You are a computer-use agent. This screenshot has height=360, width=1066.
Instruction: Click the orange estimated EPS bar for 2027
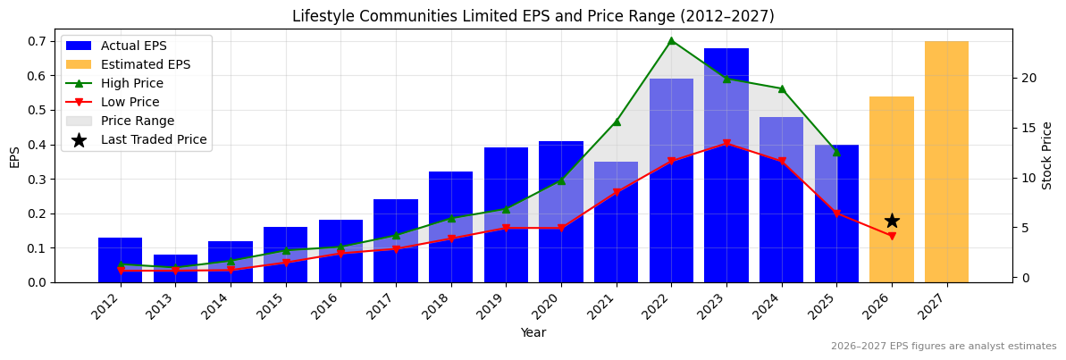pyautogui.click(x=946, y=162)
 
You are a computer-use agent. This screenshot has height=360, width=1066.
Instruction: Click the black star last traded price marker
pyautogui.click(x=891, y=221)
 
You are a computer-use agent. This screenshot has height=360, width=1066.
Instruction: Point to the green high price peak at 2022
pyautogui.click(x=671, y=40)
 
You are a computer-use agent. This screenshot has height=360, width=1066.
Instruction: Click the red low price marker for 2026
pyautogui.click(x=891, y=236)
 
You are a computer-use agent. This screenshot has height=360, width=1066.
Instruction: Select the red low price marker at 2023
pyautogui.click(x=726, y=143)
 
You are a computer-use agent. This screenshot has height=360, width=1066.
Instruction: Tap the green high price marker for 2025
pyautogui.click(x=836, y=152)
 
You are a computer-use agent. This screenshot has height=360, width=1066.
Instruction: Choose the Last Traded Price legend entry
pyautogui.click(x=153, y=139)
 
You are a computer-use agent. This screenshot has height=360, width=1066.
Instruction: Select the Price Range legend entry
pyautogui.click(x=137, y=121)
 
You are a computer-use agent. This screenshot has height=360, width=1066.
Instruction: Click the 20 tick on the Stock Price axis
pyautogui.click(x=1029, y=78)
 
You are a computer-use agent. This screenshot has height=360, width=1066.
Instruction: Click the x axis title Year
pyautogui.click(x=533, y=333)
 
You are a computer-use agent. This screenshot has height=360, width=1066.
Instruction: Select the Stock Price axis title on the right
pyautogui.click(x=1047, y=155)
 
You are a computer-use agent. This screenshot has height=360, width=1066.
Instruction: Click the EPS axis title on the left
pyautogui.click(x=14, y=156)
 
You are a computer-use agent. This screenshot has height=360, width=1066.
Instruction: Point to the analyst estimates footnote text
pyautogui.click(x=943, y=347)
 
